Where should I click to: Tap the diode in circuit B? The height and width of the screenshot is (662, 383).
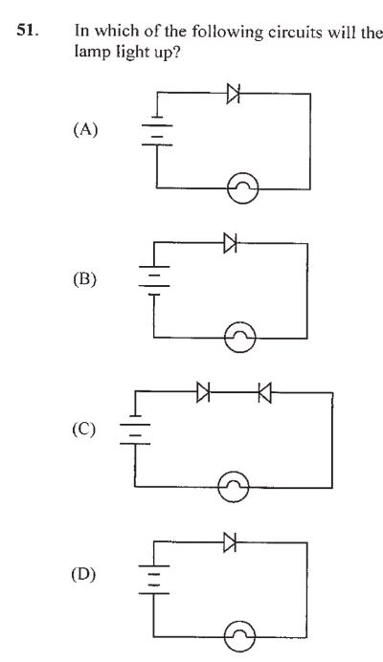(x=229, y=243)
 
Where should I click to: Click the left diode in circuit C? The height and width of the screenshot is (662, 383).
(x=203, y=391)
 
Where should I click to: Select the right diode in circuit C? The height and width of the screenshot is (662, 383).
(x=264, y=391)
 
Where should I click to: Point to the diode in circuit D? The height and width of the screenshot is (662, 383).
(x=229, y=541)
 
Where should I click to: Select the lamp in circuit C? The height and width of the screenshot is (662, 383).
(x=234, y=488)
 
